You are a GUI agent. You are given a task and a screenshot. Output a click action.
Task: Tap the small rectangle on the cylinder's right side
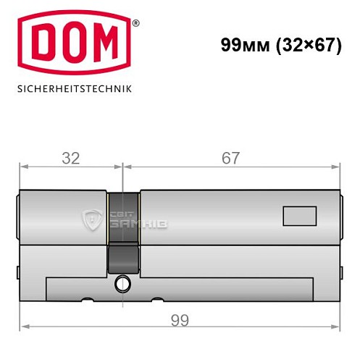(x=298, y=215)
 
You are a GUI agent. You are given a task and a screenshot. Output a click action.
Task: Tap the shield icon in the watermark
(x=93, y=218)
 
